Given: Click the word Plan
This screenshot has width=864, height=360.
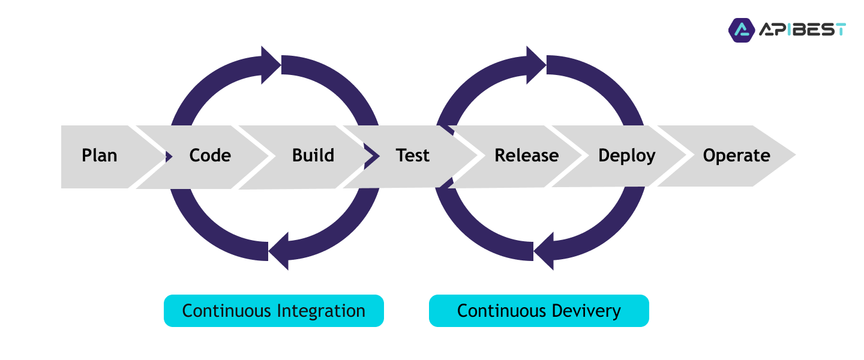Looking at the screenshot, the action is coord(99,155).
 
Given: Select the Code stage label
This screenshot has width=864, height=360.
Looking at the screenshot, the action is coord(210,155).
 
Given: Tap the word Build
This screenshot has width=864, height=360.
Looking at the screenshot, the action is coord(313,155).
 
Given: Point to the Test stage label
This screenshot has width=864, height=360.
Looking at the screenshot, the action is coord(412,155).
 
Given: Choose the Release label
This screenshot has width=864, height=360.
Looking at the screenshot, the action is coord(527,155).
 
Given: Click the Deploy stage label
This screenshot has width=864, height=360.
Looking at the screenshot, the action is coord(627,156).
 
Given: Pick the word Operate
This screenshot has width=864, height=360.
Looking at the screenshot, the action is coord(737,156).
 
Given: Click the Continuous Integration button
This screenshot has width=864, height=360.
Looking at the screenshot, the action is coord(274,311).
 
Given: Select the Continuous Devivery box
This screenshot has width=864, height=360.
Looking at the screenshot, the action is coord(539,311).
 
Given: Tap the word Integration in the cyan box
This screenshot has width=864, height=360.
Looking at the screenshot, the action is coord(322,311).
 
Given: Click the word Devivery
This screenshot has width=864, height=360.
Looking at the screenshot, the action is coord(586,311).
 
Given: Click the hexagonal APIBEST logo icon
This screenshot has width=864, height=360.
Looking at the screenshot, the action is coord(742,30).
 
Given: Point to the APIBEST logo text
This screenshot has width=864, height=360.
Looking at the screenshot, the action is coord(802,30).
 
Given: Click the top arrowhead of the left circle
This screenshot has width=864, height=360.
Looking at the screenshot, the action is coord(271,65).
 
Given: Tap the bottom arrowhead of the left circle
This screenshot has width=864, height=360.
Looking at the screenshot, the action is coord(278,251).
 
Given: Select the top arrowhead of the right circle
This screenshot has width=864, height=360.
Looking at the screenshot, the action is coord(536,65).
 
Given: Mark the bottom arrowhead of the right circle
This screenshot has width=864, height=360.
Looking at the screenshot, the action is coord(544,251).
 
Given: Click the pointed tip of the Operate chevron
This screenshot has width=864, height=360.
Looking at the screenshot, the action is coord(796,155).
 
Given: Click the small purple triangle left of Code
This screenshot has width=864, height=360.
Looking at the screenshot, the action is coord(169,157).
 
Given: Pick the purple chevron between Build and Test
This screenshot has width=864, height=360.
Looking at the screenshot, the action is coord(372,156).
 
